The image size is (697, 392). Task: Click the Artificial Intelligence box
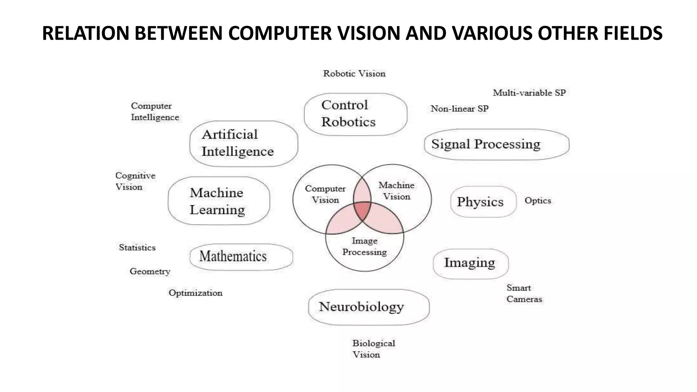[x=244, y=143]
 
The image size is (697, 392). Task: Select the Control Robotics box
[x=355, y=114]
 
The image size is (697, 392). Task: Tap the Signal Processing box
[x=497, y=144]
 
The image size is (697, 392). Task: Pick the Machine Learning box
[x=219, y=201]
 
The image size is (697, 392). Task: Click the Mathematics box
[x=241, y=257]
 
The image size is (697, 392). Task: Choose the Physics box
[x=483, y=202]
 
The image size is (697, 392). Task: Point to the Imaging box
[x=470, y=263]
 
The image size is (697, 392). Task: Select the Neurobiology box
[x=369, y=307]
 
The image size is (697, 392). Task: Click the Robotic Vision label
[x=354, y=73]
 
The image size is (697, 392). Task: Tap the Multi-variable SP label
[x=529, y=93]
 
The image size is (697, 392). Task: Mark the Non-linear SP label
[x=459, y=109]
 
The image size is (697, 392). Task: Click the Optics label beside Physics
[x=538, y=200]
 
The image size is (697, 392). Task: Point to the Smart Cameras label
[x=524, y=293]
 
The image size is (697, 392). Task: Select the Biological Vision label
[x=373, y=349]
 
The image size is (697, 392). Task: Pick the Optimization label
[x=195, y=293]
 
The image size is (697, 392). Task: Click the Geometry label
[x=150, y=271]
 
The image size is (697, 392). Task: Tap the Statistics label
[x=137, y=247]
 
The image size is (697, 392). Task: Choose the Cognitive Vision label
[x=135, y=181]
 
